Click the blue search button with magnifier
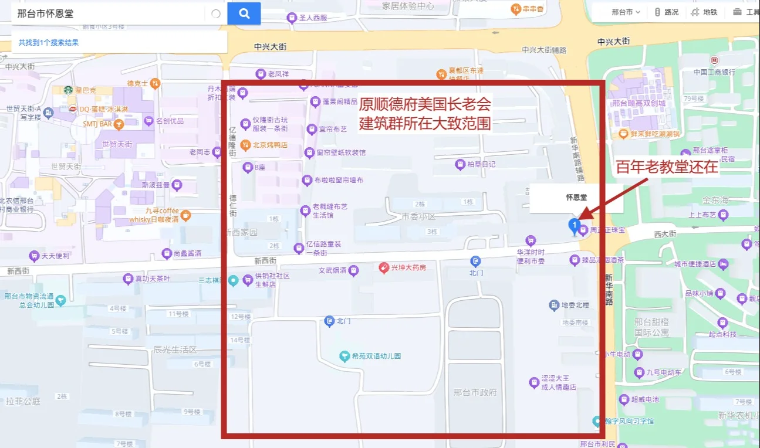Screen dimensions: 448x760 (244, 13)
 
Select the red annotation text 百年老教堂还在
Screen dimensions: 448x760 (667, 167)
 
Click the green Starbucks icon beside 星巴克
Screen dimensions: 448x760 (68, 90)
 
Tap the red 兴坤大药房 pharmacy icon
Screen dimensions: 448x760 (384, 267)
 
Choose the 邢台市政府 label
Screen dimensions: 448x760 (475, 392)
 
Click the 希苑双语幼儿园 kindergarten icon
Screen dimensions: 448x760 (345, 356)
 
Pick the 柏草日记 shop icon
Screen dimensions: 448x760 (460, 165)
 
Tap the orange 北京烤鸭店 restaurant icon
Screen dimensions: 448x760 (246, 145)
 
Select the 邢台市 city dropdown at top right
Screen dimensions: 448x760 (625, 12)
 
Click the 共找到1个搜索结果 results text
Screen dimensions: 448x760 (48, 42)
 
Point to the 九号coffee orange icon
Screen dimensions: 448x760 (185, 215)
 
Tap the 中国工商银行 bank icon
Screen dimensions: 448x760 (714, 60)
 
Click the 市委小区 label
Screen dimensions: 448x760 (419, 216)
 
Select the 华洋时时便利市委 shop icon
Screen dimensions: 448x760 (531, 240)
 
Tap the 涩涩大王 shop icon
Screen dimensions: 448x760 (534, 383)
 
